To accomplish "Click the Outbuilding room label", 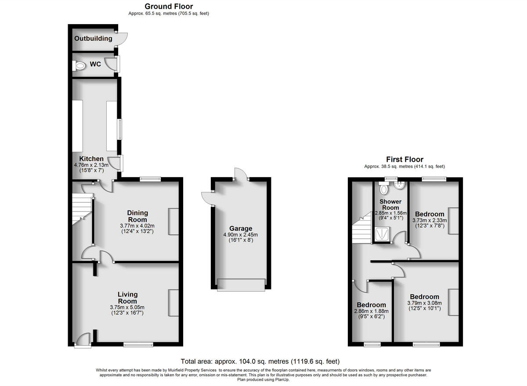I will point(93,39).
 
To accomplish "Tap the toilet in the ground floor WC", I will point(79,66).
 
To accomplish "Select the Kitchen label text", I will point(91,159).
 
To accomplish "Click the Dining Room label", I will point(137,216).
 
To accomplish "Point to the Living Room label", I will point(127,297).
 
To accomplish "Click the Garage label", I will point(241,229).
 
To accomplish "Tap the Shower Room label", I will point(390,205).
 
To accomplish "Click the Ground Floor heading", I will point(169,6).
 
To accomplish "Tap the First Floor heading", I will point(404,160).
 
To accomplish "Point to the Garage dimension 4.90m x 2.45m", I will point(241,235).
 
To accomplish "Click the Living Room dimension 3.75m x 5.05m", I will point(127,307).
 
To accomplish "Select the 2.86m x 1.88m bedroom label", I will point(371,305).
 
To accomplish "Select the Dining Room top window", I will point(150,179).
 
